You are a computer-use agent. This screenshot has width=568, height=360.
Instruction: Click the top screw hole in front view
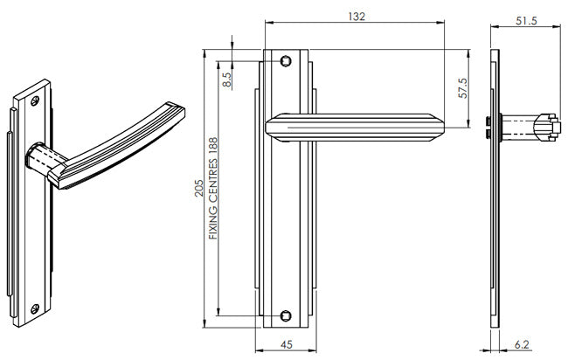tap(285, 61)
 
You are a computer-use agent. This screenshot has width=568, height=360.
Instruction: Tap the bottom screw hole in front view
tap(285, 314)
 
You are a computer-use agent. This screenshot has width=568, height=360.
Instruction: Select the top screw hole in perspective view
tap(35, 100)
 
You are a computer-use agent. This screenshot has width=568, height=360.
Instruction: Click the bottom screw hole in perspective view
tap(35, 308)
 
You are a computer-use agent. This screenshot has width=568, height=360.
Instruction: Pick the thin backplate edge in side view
tap(495, 218)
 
